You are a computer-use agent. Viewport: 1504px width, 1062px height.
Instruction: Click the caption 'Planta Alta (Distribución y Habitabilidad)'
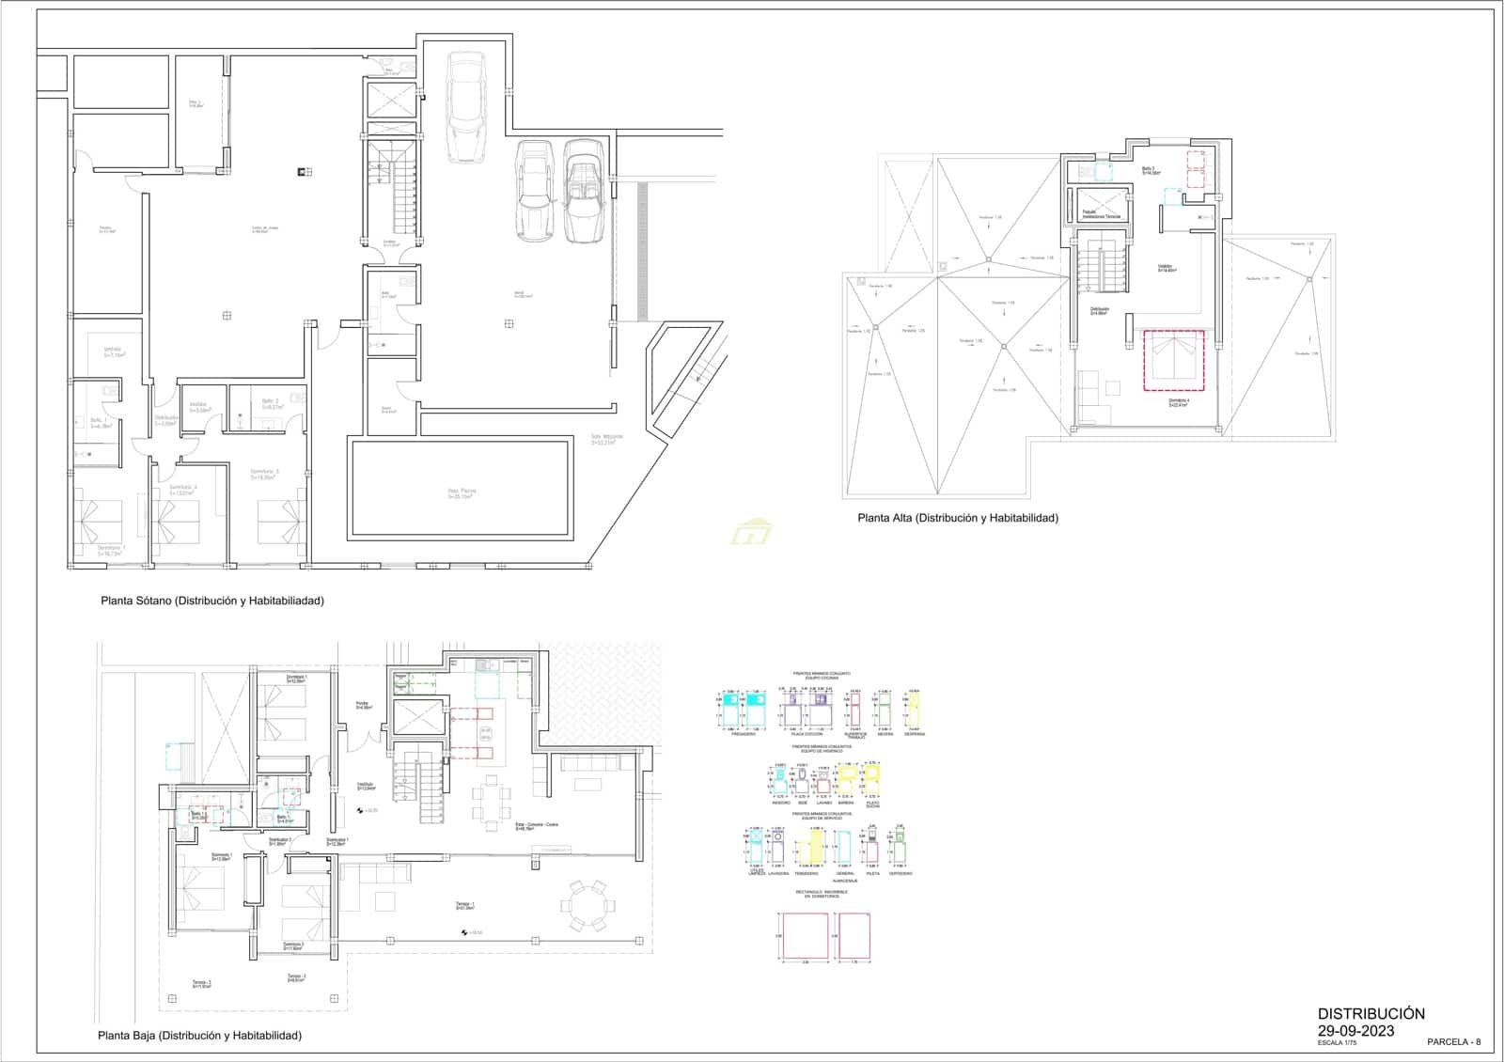tap(957, 518)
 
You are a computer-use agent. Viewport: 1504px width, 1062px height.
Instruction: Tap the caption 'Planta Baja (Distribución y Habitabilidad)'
tap(199, 1036)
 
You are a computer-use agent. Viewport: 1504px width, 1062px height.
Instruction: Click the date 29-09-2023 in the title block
tap(1355, 1031)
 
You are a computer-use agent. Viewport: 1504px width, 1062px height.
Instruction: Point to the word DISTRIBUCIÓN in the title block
tap(1371, 1014)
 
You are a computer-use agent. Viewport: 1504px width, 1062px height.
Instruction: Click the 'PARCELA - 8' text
tap(1453, 1041)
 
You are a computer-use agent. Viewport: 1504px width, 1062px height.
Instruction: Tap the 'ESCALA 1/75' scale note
tap(1337, 1043)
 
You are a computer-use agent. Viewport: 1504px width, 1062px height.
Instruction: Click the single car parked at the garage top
tap(465, 106)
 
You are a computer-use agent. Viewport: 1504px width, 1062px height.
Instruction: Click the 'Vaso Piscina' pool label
tap(460, 492)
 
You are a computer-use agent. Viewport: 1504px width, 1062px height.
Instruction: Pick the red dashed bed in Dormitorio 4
tap(1172, 359)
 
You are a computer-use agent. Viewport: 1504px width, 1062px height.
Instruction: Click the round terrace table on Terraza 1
tap(588, 906)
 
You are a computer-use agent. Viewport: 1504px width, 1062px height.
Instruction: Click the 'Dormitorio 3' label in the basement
tap(264, 474)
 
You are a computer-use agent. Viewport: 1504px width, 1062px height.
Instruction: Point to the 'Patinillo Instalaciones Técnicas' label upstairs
tap(1101, 215)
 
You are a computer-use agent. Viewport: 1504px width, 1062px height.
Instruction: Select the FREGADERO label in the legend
tap(743, 734)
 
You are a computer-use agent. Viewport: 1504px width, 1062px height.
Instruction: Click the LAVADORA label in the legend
tap(778, 873)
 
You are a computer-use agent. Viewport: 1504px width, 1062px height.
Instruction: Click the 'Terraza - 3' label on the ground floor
tap(202, 985)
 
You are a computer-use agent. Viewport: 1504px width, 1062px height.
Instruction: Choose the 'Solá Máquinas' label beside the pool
tap(606, 438)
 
